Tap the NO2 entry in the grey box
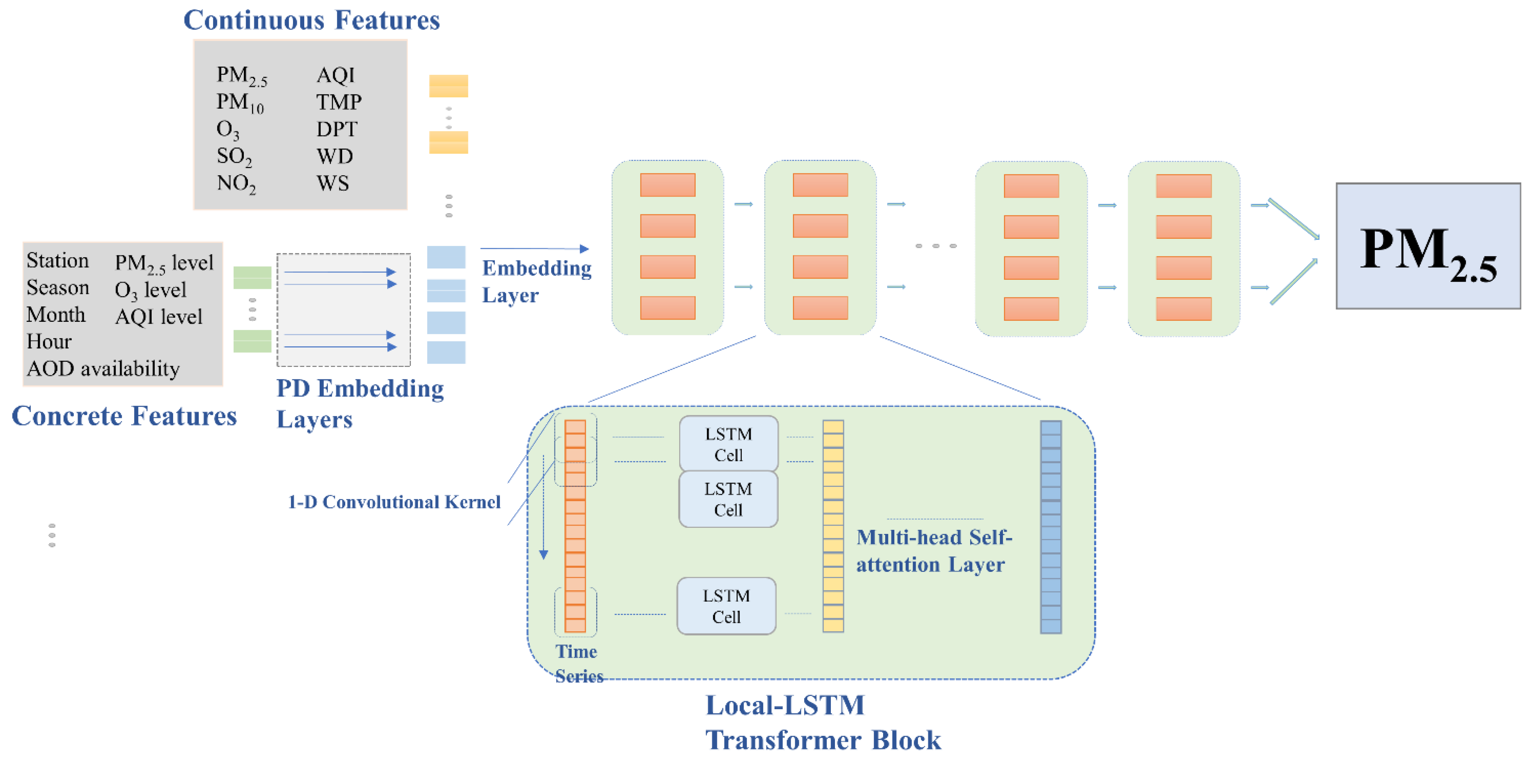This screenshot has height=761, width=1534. click(236, 183)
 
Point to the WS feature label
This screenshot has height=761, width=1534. click(332, 183)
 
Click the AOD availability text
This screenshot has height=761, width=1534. click(103, 369)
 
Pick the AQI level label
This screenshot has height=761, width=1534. click(159, 317)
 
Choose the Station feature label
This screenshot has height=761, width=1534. click(57, 261)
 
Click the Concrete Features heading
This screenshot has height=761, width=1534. click(124, 416)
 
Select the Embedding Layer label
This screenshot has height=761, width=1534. click(536, 281)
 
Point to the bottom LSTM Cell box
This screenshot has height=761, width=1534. click(726, 606)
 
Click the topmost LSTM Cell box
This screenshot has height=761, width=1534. click(728, 444)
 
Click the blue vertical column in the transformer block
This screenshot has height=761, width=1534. click(1051, 527)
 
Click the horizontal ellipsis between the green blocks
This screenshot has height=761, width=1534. click(936, 246)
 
